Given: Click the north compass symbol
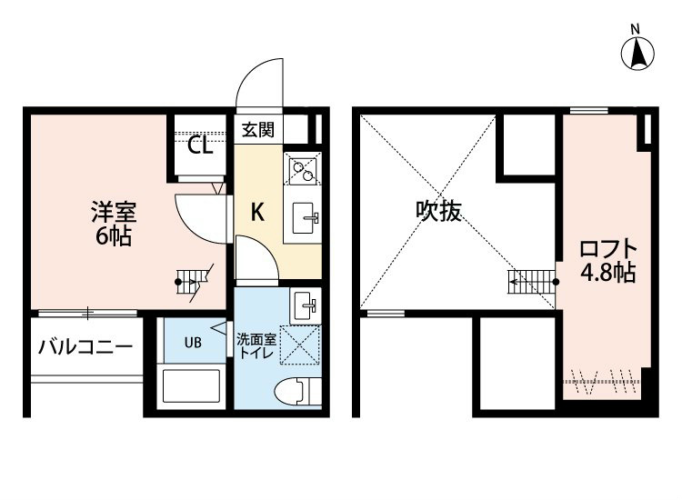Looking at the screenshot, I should (639, 51).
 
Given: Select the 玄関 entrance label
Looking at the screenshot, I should (258, 129).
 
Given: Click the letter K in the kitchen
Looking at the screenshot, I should (257, 213).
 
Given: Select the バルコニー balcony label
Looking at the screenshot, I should (85, 346).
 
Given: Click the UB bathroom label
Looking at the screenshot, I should (193, 343).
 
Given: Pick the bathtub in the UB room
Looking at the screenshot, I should (192, 387).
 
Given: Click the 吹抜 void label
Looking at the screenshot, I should (439, 211).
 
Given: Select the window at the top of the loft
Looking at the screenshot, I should (588, 110).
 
